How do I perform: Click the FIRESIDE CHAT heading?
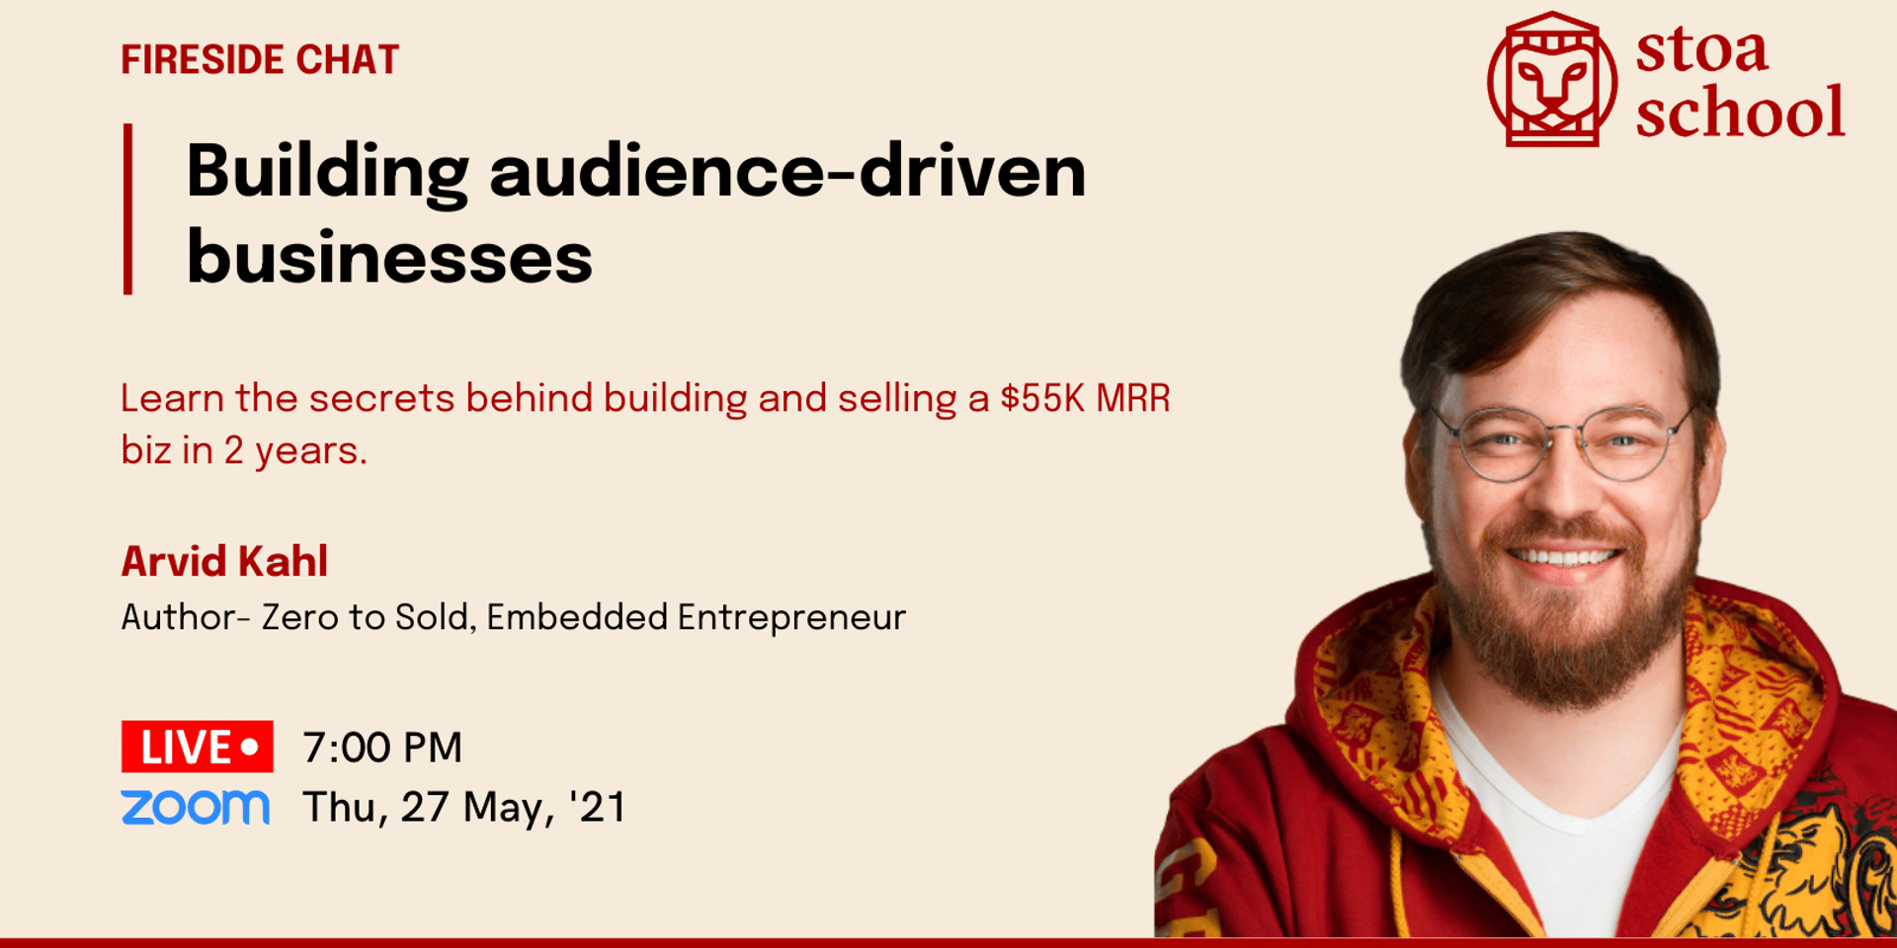[x=260, y=60]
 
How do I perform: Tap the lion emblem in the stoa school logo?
[x=1552, y=79]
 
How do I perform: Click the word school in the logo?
[x=1740, y=112]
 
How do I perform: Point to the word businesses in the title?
[x=389, y=257]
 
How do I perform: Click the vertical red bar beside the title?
[x=127, y=208]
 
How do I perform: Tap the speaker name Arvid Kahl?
[x=224, y=561]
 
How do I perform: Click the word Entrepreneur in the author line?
[x=791, y=617]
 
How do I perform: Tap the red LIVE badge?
[x=198, y=747]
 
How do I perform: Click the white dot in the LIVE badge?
[x=250, y=746]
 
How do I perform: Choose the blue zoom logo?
[x=196, y=807]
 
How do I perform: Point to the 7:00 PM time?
[x=382, y=748]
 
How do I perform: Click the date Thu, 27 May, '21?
[x=464, y=808]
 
